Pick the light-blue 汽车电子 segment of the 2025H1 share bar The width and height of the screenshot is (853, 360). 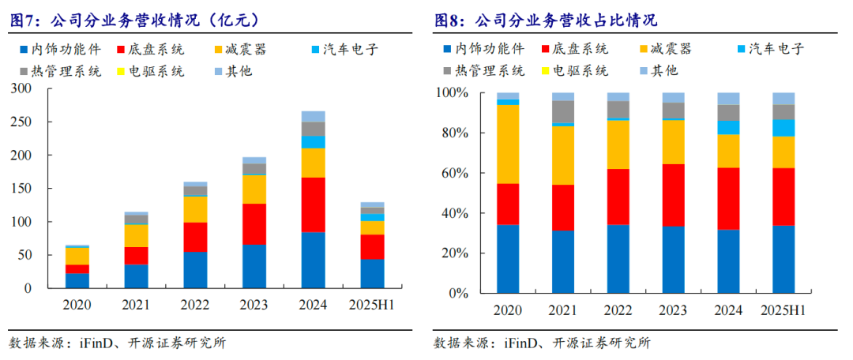click(783, 128)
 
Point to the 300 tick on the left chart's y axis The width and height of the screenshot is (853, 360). click(22, 89)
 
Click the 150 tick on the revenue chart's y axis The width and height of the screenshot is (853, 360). click(22, 189)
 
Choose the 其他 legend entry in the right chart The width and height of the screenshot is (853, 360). click(666, 70)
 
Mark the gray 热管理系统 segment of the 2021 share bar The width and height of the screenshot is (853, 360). click(563, 111)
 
